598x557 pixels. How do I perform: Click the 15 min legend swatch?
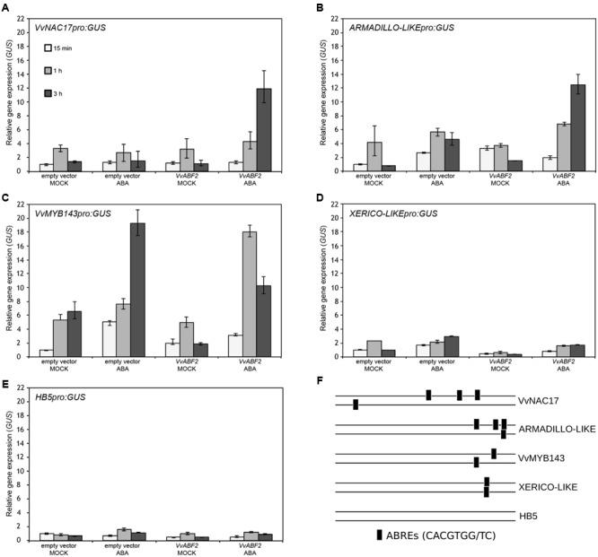point(48,47)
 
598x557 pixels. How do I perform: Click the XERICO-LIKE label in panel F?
point(545,487)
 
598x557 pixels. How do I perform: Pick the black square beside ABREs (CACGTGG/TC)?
point(379,535)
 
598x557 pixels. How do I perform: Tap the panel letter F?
point(321,380)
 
